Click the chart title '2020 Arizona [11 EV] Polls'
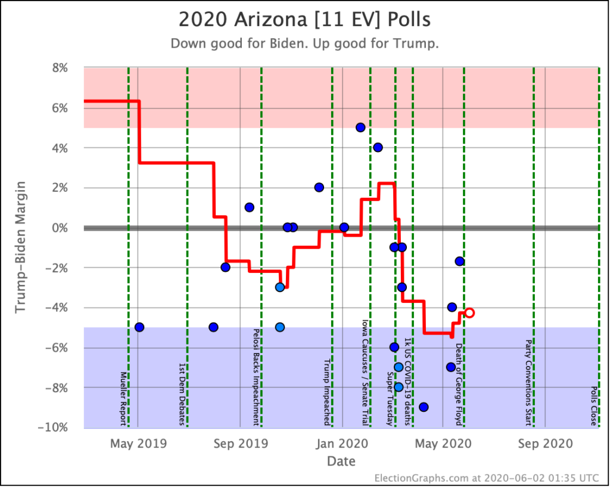point(304,19)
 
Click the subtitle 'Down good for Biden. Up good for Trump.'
point(304,44)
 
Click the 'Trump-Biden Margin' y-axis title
point(21,247)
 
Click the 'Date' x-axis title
point(341,461)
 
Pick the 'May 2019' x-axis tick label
point(138,444)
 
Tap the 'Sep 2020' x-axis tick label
point(545,444)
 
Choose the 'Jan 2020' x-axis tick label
point(342,444)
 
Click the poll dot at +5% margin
point(360,128)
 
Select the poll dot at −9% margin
point(424,407)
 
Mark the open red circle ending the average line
point(469,312)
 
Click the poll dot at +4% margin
point(378,147)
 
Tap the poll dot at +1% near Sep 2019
point(249,207)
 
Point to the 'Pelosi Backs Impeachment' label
point(256,377)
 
